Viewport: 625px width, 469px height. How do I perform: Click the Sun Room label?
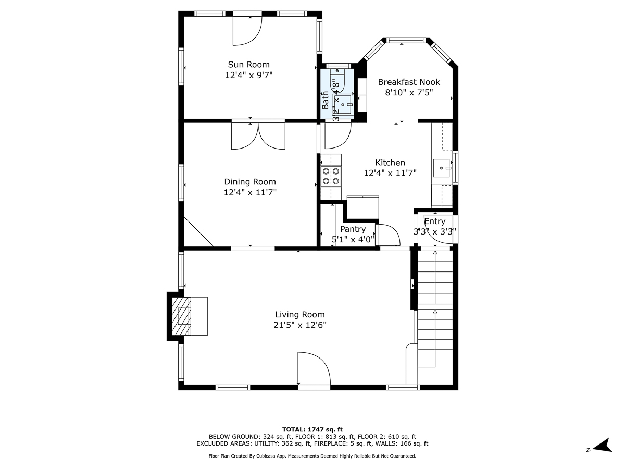248,65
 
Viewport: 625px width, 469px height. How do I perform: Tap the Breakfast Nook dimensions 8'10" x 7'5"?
409,92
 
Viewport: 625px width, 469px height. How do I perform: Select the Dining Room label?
250,182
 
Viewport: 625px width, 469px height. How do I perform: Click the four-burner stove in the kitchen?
331,176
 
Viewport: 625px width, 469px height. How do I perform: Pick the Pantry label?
353,229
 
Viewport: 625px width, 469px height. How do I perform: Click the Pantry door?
387,235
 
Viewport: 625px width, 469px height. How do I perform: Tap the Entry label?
434,221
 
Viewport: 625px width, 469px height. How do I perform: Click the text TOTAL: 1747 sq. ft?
312,429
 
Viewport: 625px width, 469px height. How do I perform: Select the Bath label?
325,100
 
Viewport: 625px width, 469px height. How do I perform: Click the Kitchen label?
390,163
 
